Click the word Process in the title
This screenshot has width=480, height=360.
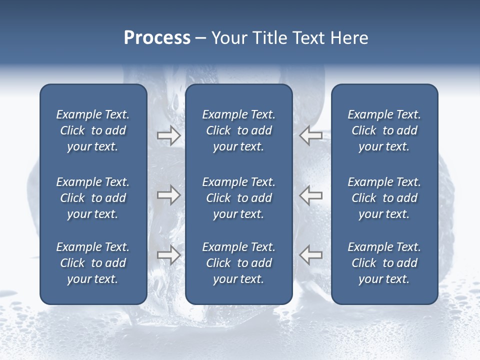tap(157, 38)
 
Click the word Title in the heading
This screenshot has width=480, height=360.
tap(268, 38)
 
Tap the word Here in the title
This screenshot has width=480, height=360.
tap(349, 38)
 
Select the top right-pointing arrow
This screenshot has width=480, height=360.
tap(168, 135)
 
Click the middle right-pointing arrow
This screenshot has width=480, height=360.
tap(168, 195)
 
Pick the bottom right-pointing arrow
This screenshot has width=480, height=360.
tap(168, 255)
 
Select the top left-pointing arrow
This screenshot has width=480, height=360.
tap(311, 135)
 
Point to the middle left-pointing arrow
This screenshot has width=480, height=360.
tap(311, 195)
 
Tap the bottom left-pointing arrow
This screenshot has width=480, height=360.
tap(311, 255)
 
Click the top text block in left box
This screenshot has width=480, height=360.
tap(93, 130)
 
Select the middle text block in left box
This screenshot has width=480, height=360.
tap(93, 198)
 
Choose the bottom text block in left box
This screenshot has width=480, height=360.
tap(93, 263)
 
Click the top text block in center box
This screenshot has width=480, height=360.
tap(238, 130)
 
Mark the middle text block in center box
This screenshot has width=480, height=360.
tap(238, 198)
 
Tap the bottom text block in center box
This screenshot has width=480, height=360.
tap(238, 263)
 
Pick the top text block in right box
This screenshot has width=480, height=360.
tap(384, 130)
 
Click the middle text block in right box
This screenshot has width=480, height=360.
tap(384, 198)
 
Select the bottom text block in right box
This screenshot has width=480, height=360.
tap(384, 263)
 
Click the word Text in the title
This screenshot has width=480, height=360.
tap(309, 38)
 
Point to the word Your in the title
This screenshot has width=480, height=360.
tap(229, 38)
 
